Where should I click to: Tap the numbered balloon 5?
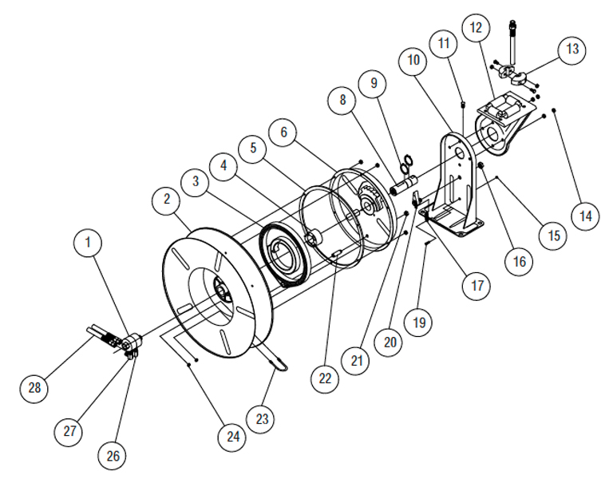point(254,148)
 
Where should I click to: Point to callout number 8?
point(342,101)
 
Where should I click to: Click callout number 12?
point(476,28)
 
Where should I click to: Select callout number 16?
point(520,261)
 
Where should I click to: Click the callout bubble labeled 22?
point(325,379)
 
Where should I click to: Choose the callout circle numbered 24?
point(232,437)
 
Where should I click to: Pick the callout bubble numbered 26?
point(112,456)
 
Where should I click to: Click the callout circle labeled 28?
point(35,388)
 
